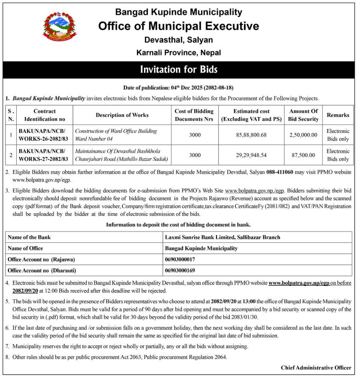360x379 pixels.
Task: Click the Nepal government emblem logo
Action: click(x=60, y=27)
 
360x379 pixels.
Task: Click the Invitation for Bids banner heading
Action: click(x=179, y=70)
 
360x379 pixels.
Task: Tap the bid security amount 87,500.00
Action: click(x=303, y=155)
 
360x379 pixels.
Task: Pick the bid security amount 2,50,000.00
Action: click(x=303, y=135)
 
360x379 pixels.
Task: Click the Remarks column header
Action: click(x=338, y=115)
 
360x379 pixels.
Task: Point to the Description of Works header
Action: click(x=122, y=115)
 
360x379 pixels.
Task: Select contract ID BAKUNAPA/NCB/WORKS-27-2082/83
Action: click(x=43, y=155)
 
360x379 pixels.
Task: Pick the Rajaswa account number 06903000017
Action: click(x=180, y=259)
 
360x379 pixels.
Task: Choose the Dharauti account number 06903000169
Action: click(x=180, y=270)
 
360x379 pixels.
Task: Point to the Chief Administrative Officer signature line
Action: click(x=316, y=367)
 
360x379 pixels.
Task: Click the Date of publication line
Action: click(x=179, y=88)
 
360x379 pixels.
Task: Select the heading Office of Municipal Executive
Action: click(x=179, y=26)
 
